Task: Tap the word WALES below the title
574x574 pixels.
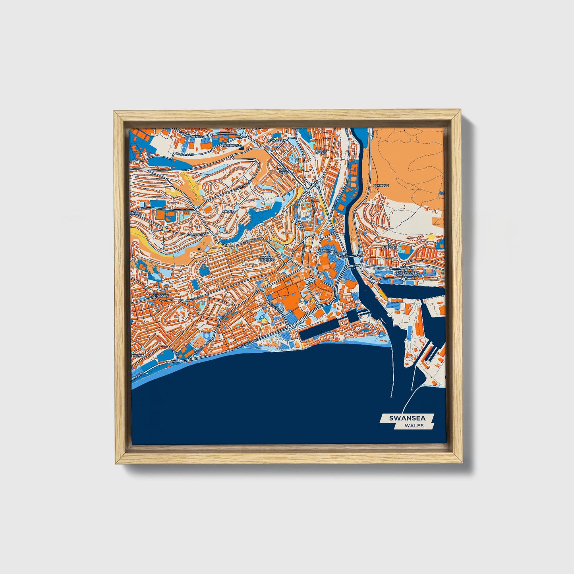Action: coord(414,425)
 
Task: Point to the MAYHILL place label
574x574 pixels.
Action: coord(229,211)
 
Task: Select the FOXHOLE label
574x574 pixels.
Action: coord(381,186)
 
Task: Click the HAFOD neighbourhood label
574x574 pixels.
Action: coord(321,152)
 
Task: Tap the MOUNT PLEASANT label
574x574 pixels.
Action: coord(266,259)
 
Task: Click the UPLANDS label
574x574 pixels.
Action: coord(162,296)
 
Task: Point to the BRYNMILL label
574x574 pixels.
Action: coord(137,344)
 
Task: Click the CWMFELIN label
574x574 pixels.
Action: coord(276,140)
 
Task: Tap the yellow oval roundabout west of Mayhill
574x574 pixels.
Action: coord(164,228)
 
